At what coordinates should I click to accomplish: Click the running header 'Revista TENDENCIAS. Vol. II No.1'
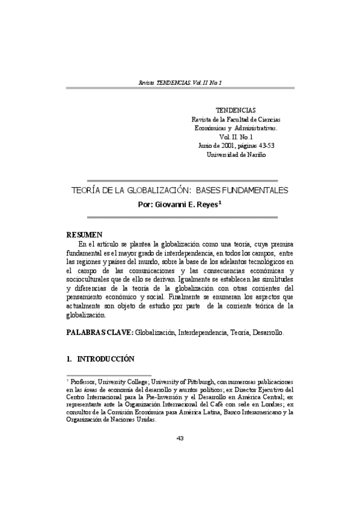point(180,81)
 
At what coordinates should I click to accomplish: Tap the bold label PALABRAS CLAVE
point(99,332)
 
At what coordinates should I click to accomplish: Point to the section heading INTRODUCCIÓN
point(103,359)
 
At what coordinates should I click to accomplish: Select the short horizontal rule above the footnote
point(108,375)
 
